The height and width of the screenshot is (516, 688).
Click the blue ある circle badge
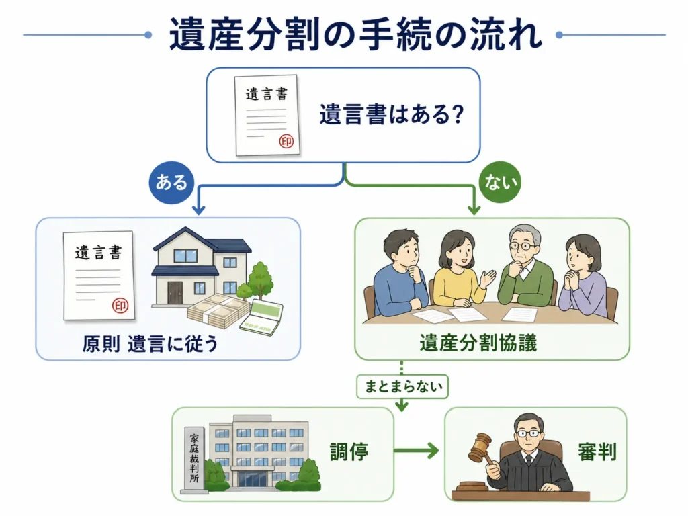[x=171, y=182]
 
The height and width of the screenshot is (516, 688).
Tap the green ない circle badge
[x=500, y=181]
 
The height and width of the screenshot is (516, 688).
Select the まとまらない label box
[x=402, y=386]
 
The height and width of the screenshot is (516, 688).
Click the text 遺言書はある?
[x=392, y=114]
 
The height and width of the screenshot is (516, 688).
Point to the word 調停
[x=349, y=452]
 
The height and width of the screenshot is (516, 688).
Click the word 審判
[x=597, y=452]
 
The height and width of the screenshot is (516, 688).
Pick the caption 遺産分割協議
[x=478, y=343]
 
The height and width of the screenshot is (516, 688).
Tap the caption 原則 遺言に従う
[x=150, y=343]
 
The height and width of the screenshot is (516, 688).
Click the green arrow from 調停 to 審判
[x=416, y=451]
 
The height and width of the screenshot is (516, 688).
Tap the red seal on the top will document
[x=286, y=141]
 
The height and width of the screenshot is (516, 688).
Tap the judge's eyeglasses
[x=527, y=433]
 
